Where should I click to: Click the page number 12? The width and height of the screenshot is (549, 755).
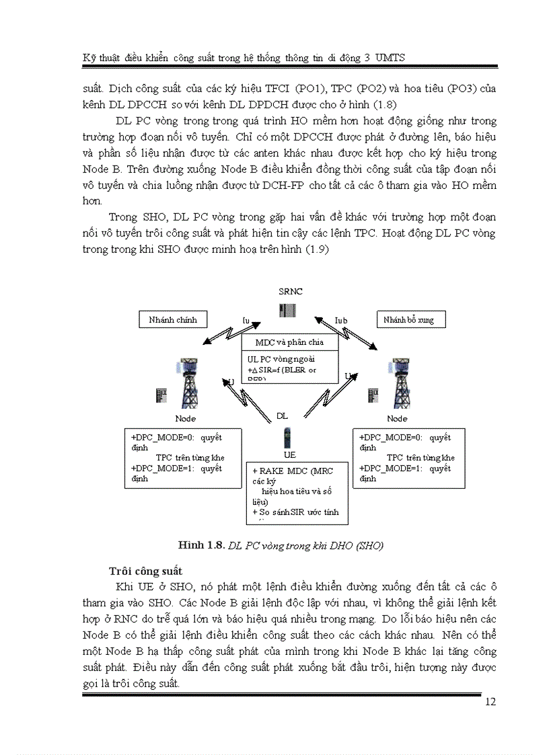tap(490, 703)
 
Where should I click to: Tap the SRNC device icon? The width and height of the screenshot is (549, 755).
tap(289, 311)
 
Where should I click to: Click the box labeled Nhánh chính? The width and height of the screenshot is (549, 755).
tap(173, 320)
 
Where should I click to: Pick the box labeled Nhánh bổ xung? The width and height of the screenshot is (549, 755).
tap(410, 320)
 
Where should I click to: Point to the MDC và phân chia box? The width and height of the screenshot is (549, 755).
tap(289, 342)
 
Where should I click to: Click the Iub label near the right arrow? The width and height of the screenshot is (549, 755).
tap(341, 321)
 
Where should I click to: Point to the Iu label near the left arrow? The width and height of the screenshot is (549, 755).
tap(246, 321)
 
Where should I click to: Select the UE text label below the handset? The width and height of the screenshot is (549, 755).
tap(290, 454)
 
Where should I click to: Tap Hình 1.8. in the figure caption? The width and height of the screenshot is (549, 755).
tap(202, 545)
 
